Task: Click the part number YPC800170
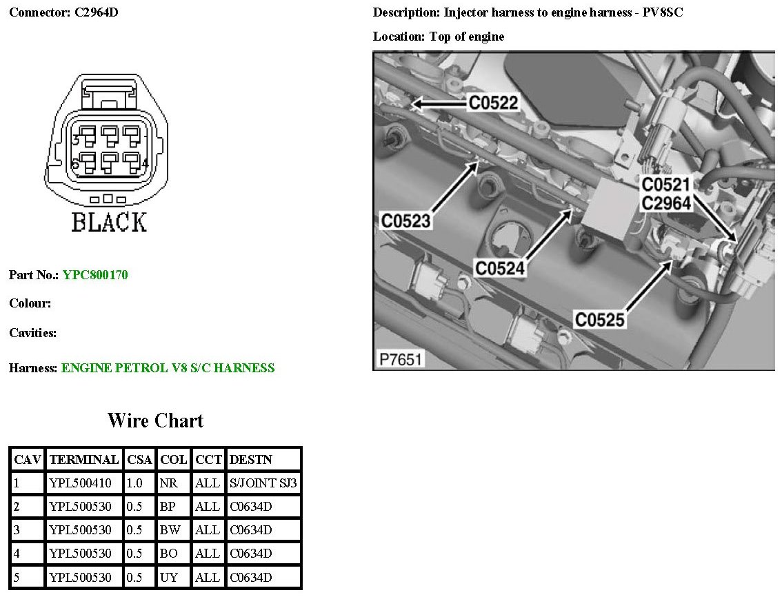coord(95,275)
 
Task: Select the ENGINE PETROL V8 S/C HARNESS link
coord(168,368)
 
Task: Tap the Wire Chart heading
coord(155,421)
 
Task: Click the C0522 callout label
coord(493,103)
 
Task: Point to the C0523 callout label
coord(406,221)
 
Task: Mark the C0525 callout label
coord(600,319)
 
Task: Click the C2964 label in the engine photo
coord(666,203)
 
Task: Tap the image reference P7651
coord(400,359)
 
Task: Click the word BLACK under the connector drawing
coord(109,223)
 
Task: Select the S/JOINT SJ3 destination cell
coord(263,483)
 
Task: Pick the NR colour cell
coord(169,483)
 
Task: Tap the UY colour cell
coord(169,578)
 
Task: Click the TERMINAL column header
coord(84,459)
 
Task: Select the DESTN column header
coord(251,459)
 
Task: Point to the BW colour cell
coord(170,530)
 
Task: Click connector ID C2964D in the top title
coord(97,12)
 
